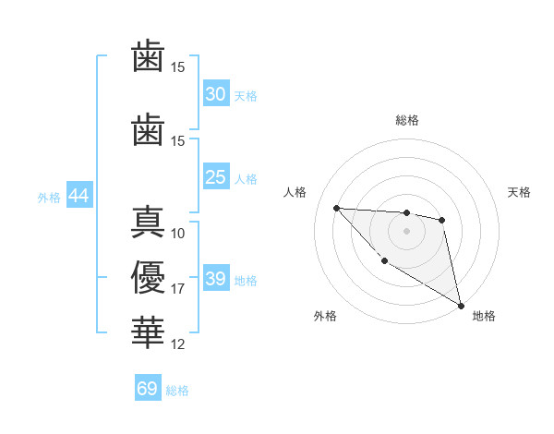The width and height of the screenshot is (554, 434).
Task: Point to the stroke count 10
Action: [x=178, y=233]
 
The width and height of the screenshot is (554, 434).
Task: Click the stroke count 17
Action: [x=178, y=289]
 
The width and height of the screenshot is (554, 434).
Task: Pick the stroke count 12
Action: [x=178, y=344]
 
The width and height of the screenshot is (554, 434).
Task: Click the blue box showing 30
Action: [x=216, y=94]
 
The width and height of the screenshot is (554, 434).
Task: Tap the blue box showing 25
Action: [x=216, y=177]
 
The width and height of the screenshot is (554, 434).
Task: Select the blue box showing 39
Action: [x=216, y=279]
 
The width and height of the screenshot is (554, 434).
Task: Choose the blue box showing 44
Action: [x=78, y=196]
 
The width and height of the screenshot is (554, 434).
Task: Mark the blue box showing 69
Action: [x=148, y=389]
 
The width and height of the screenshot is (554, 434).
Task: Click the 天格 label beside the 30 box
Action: [x=246, y=96]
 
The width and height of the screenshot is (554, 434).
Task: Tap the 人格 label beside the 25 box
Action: [x=246, y=179]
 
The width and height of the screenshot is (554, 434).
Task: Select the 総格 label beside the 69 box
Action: [x=177, y=391]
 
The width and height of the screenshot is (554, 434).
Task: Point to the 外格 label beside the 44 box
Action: [x=49, y=198]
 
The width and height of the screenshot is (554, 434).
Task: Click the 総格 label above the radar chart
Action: [x=406, y=120]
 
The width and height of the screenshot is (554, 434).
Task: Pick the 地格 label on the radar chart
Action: [x=484, y=316]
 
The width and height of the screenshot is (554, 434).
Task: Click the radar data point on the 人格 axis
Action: [x=337, y=208]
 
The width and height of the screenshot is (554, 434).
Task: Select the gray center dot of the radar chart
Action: [x=406, y=231]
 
